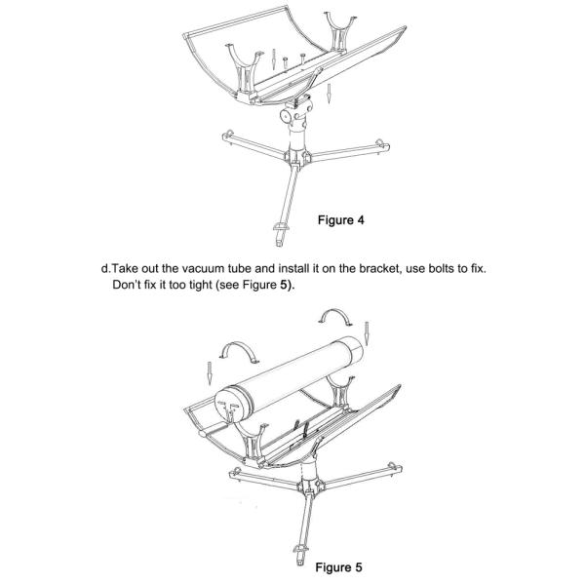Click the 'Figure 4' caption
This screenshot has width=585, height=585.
pyautogui.click(x=341, y=220)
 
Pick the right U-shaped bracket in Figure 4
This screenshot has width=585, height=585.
pyautogui.click(x=341, y=24)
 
